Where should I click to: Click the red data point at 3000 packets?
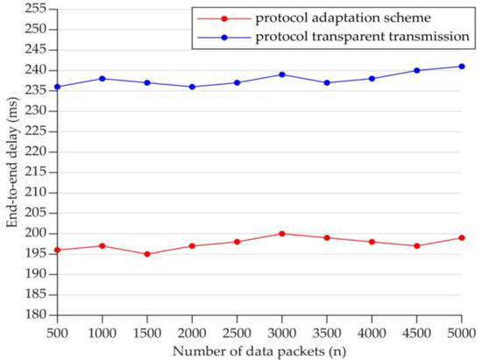coord(281,234)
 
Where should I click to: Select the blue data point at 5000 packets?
coord(461,67)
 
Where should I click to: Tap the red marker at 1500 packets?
coord(147,254)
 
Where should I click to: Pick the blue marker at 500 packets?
coord(58,87)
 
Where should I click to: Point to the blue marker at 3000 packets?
coord(281,74)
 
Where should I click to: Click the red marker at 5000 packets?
coord(461,237)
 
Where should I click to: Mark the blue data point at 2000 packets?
coord(192,87)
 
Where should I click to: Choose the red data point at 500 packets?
coord(58,250)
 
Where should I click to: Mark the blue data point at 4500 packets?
coord(416,70)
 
